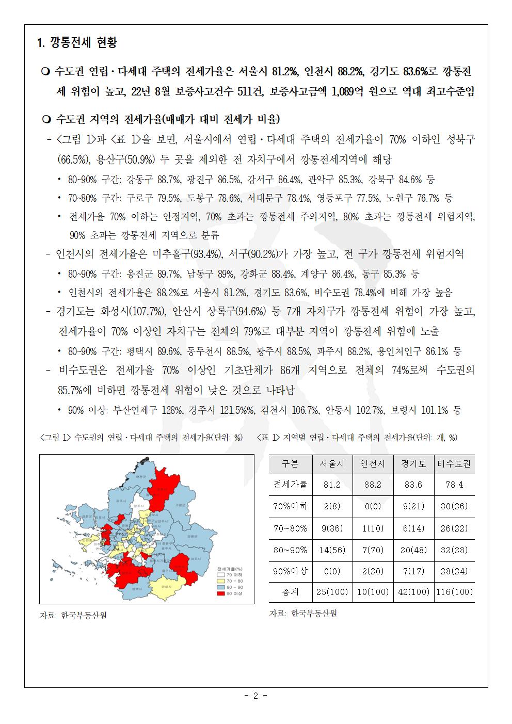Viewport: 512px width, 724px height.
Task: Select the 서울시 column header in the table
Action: coord(332,464)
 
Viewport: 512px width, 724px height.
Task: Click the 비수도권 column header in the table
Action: coord(454,464)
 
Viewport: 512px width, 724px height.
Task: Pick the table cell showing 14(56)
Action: coord(332,550)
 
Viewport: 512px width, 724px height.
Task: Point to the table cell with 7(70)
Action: coord(373,550)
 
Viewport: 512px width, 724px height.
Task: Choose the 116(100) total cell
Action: coord(454,592)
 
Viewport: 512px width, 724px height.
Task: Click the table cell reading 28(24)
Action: coord(454,571)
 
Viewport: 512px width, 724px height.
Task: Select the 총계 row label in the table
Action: coord(290,592)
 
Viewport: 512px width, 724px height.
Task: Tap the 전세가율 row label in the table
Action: coord(290,485)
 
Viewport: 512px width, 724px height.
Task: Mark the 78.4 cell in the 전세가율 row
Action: coord(454,485)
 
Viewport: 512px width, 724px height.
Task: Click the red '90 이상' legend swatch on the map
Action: coord(220,593)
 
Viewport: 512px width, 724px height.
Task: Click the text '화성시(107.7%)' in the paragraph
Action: coord(133,312)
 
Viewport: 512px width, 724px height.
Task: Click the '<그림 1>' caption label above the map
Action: coord(55,438)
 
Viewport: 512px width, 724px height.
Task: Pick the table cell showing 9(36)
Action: coord(332,528)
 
